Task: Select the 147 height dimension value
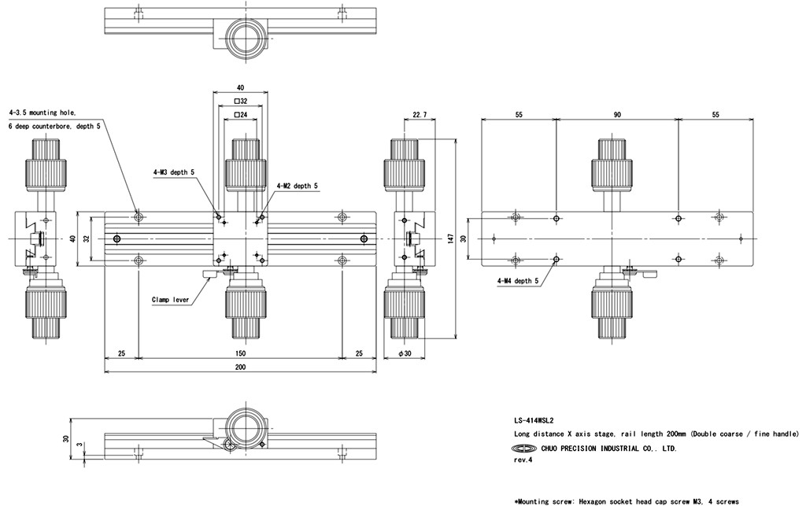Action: [449, 238]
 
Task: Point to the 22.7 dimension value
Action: [420, 115]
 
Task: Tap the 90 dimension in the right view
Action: [617, 115]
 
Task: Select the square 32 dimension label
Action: [241, 102]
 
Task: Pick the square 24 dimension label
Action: [241, 115]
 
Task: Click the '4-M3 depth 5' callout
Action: [173, 172]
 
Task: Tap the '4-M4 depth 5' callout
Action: [517, 280]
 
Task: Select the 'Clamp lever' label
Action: [170, 299]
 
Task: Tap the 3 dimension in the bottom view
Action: [77, 446]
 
